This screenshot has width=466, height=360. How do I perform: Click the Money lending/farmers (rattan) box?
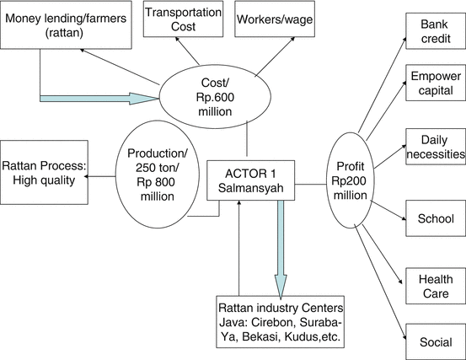point(67,24)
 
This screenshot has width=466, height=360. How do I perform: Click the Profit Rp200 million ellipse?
point(355,176)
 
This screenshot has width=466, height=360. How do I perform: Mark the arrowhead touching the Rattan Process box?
point(91,175)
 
